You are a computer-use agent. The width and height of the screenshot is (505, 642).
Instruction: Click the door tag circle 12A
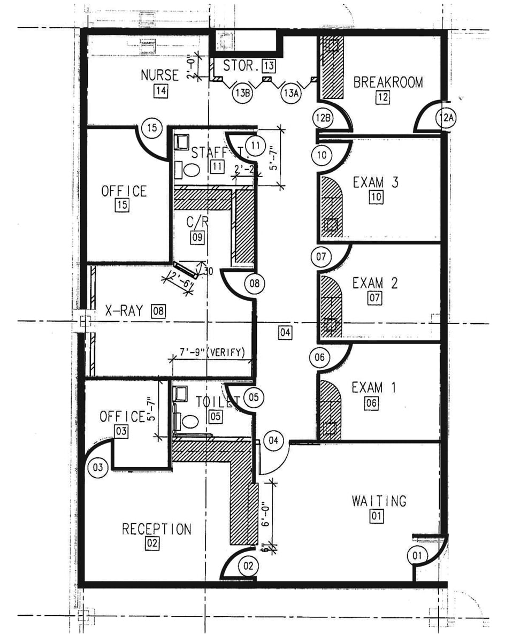446,117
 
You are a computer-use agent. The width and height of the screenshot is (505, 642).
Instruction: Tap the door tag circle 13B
242,93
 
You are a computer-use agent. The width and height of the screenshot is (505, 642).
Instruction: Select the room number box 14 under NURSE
159,90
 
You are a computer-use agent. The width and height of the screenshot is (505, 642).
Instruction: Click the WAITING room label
379,501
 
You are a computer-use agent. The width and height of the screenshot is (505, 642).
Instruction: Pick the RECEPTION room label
156,529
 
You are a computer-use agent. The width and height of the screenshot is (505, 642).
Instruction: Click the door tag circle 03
98,467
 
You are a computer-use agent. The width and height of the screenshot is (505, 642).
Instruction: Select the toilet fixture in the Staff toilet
190,169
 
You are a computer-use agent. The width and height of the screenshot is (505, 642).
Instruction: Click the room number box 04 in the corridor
285,333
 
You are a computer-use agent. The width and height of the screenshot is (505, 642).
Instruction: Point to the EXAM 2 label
375,282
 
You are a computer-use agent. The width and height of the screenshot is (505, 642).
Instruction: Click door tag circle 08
255,283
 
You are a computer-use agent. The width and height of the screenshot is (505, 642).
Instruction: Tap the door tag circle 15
152,128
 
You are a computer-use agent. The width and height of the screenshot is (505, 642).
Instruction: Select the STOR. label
241,66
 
